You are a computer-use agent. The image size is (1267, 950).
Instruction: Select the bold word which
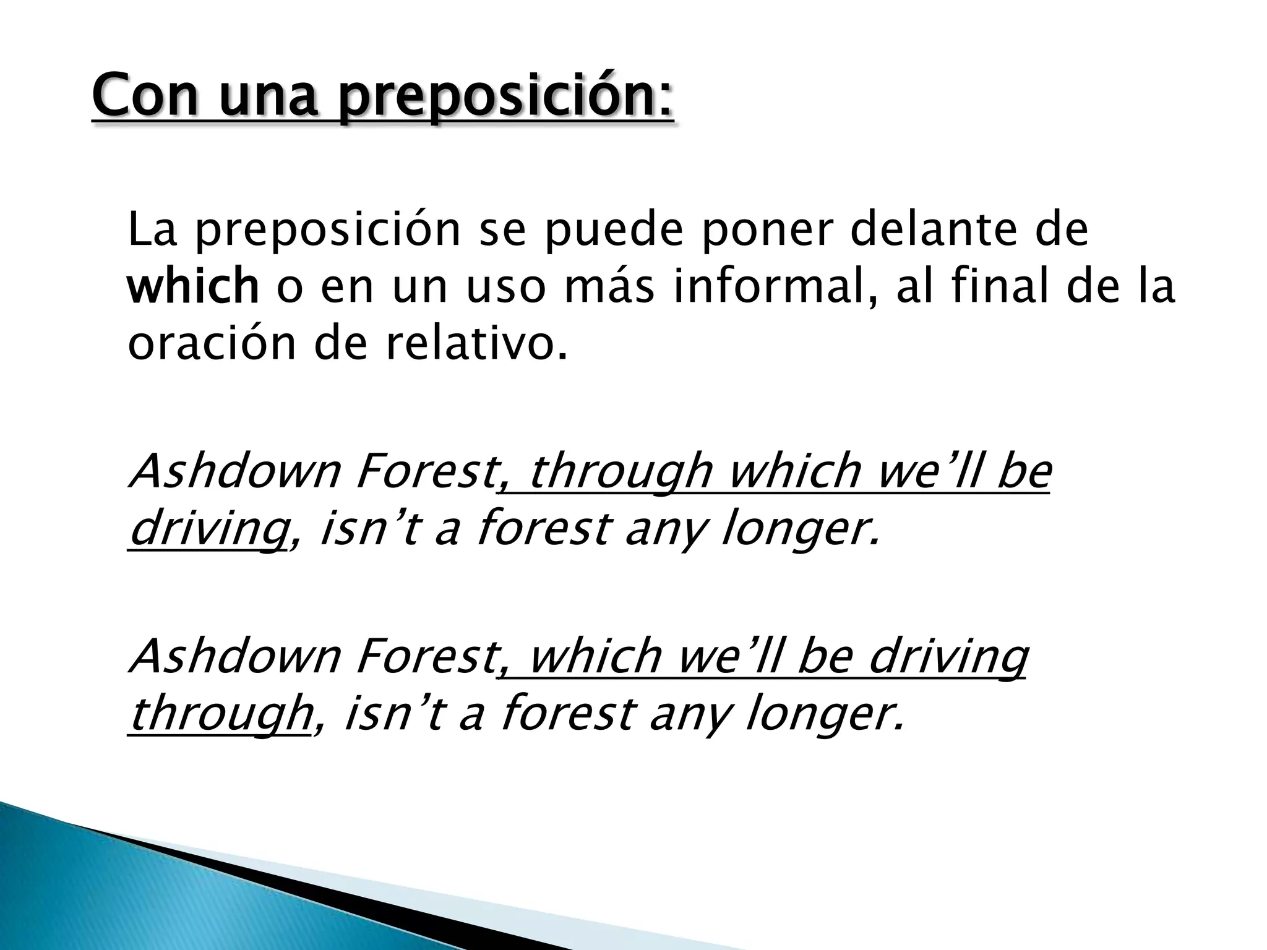point(192,288)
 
